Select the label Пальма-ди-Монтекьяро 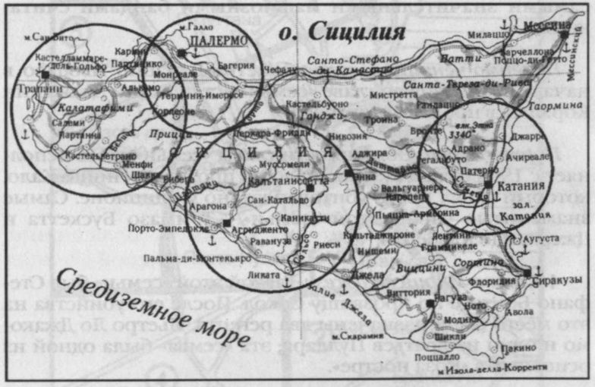191,256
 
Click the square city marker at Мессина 564,34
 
